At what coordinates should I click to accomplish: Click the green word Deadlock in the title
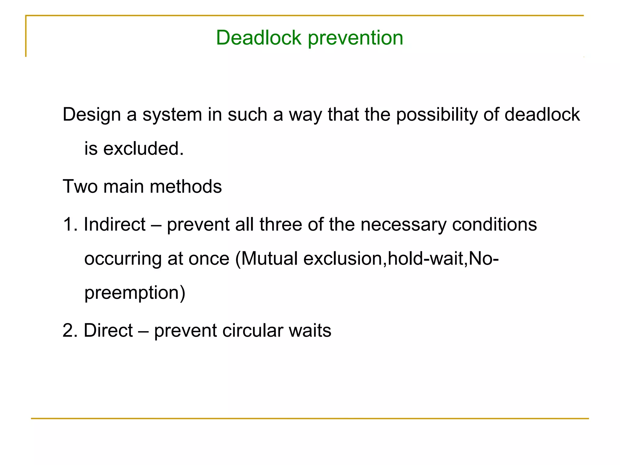coord(259,38)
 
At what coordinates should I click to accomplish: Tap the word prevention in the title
coord(355,38)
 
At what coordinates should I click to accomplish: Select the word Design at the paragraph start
coord(92,115)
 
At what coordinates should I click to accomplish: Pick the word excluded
coord(143,149)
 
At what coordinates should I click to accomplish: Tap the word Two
coord(80,186)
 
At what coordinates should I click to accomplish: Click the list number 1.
coord(69,224)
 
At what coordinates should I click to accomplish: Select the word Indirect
coord(114,224)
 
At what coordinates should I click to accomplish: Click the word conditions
coord(494,224)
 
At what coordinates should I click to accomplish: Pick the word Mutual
coord(269,259)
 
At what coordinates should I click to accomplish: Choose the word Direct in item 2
coord(108,330)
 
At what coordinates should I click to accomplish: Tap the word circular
coord(252,330)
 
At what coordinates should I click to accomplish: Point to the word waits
coord(310,330)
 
